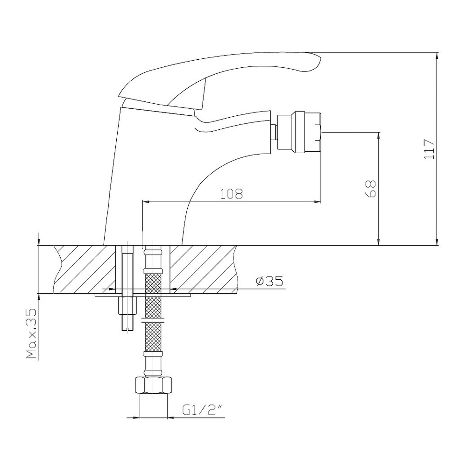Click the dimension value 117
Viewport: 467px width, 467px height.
click(429, 149)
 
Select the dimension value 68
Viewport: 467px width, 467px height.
click(370, 189)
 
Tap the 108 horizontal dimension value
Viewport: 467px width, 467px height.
click(232, 194)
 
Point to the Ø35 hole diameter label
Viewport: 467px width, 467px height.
click(269, 281)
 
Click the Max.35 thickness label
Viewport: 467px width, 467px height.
click(31, 333)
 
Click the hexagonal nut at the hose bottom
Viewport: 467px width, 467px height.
click(154, 385)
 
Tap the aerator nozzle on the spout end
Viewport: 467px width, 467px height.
click(299, 132)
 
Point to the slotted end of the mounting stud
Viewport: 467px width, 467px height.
click(128, 325)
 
